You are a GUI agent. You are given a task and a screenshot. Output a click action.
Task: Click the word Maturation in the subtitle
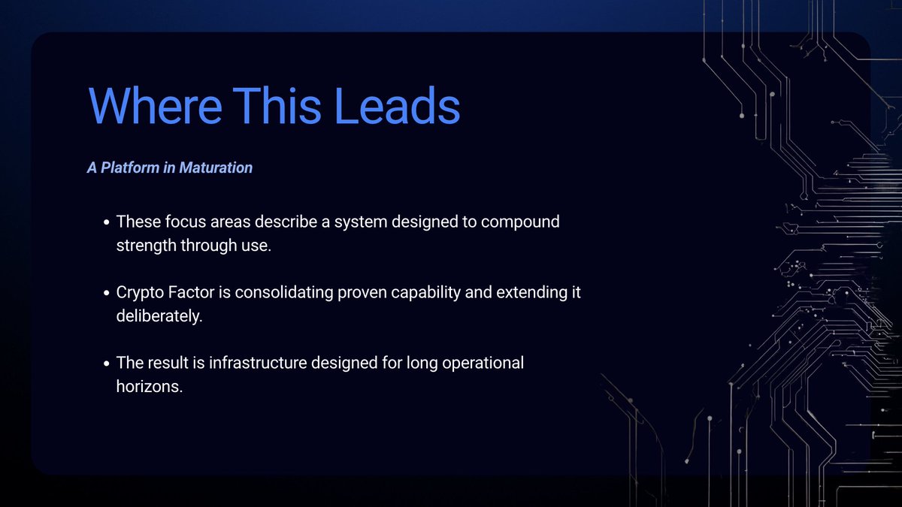coord(216,167)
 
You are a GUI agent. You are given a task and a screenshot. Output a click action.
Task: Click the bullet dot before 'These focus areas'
coord(108,223)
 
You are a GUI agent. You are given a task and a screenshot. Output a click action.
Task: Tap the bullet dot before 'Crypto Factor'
coord(108,293)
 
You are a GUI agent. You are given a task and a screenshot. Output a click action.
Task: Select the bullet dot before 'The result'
coord(108,364)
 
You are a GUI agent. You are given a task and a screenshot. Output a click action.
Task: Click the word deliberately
coord(159,315)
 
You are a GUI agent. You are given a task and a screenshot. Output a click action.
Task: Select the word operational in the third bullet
coord(478,364)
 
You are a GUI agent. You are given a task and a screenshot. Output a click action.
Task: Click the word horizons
coord(149,386)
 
